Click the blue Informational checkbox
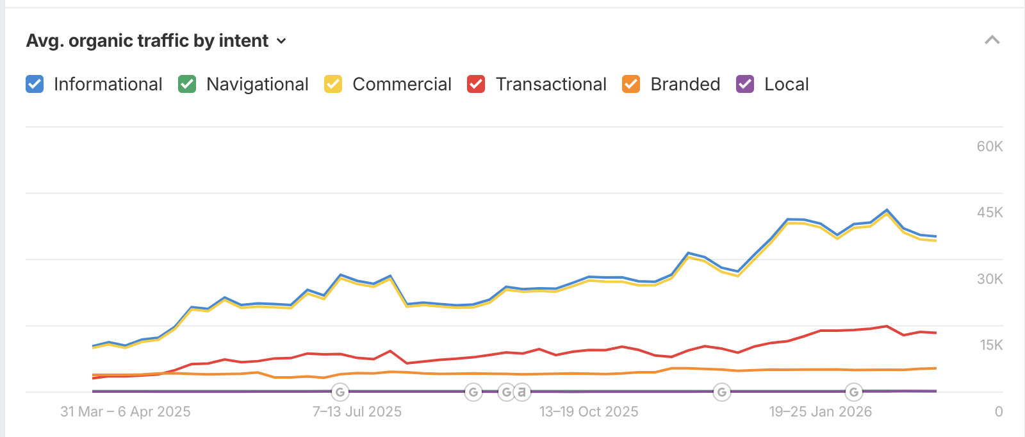[35, 84]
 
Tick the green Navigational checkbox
[187, 84]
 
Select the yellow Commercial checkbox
[333, 84]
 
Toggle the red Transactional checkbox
[476, 84]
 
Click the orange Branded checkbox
[631, 84]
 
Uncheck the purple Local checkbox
[745, 84]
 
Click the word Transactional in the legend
[551, 84]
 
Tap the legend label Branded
[685, 84]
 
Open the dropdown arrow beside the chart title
[281, 41]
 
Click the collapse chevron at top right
[992, 40]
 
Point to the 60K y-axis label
[990, 147]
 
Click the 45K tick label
[990, 213]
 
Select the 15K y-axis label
[991, 345]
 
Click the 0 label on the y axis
[999, 412]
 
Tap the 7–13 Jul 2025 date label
[357, 412]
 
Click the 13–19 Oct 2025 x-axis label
[589, 412]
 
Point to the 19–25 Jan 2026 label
[821, 412]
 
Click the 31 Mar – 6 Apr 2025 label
[126, 412]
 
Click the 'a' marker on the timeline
[522, 392]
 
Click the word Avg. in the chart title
[44, 41]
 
